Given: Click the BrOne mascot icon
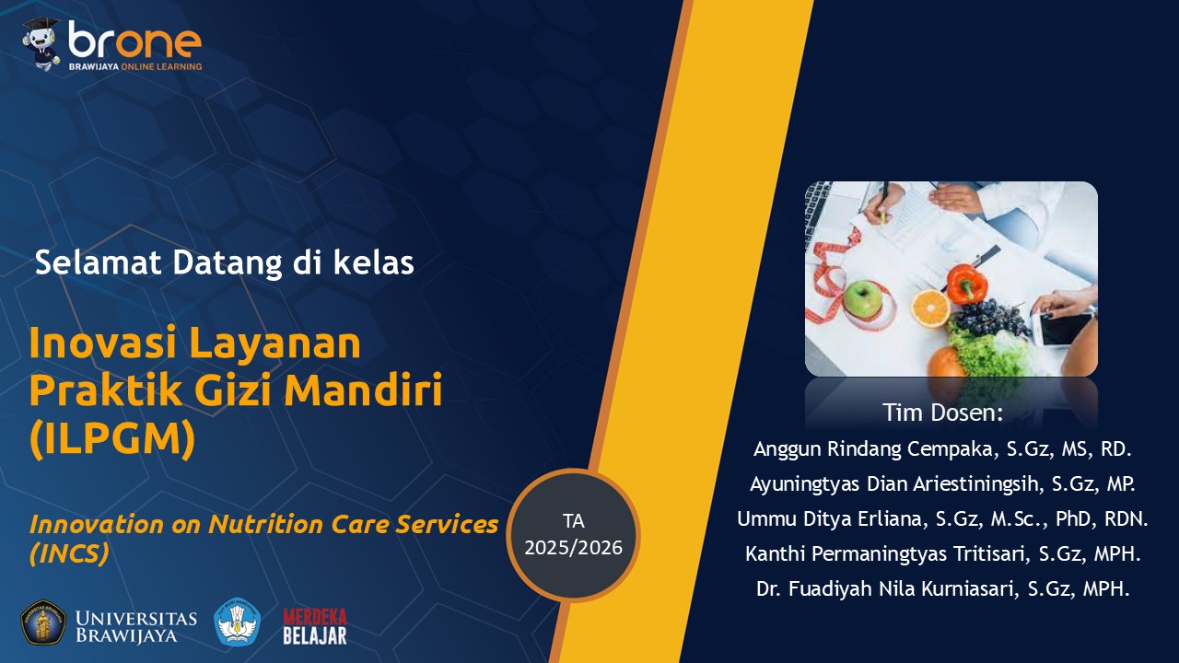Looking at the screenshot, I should coord(42,43).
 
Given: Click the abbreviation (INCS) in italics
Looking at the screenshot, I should coord(69,553).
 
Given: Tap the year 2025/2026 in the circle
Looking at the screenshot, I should coord(573,548).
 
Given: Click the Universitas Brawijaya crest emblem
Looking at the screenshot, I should coord(43,622).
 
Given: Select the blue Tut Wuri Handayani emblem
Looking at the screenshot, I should coord(238,622).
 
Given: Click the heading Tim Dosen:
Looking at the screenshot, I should coord(942,413).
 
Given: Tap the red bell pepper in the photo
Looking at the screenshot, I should coord(966,284).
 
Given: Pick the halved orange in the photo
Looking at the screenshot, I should coord(931,308).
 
